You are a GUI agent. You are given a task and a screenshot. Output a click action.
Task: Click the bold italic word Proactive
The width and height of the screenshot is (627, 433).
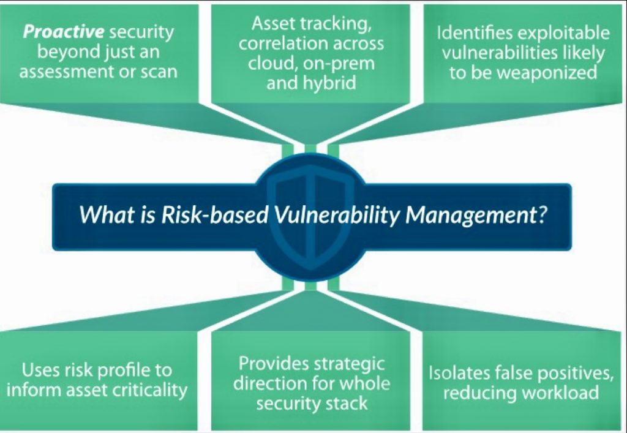point(64,32)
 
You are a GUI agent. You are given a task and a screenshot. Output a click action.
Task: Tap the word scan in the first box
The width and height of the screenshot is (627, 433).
point(159,72)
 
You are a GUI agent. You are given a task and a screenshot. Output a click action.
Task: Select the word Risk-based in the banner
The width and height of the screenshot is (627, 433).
point(215,215)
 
